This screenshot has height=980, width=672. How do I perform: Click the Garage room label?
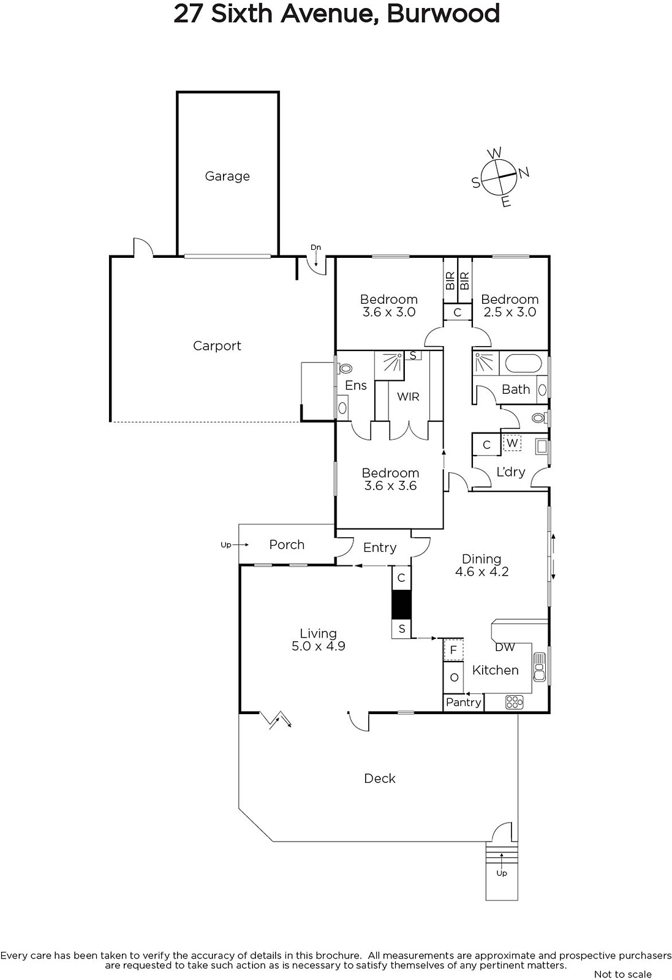click(x=227, y=176)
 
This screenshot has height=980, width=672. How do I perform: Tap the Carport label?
click(x=217, y=346)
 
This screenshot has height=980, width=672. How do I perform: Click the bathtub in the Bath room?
click(x=523, y=364)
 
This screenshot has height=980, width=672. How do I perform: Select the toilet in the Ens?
click(x=344, y=368)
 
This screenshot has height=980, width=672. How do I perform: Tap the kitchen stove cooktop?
click(x=514, y=702)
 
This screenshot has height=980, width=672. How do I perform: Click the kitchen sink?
click(x=540, y=667)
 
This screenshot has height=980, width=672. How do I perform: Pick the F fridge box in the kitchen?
click(x=453, y=650)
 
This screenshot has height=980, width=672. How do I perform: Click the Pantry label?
click(x=463, y=702)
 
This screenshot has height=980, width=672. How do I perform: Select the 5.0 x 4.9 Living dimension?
click(x=319, y=646)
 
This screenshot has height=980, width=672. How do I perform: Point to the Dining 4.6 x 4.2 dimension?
click(x=481, y=572)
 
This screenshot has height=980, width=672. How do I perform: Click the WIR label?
click(x=408, y=397)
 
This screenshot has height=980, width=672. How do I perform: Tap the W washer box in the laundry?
click(x=512, y=443)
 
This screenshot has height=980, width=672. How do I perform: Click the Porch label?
click(x=287, y=545)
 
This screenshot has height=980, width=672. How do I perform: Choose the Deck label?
click(x=380, y=778)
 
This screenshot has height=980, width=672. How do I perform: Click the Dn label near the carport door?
click(x=316, y=247)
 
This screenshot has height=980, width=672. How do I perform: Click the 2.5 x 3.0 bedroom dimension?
click(x=510, y=312)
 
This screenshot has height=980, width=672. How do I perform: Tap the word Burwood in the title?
click(x=443, y=13)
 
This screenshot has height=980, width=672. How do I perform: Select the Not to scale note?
click(x=622, y=974)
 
